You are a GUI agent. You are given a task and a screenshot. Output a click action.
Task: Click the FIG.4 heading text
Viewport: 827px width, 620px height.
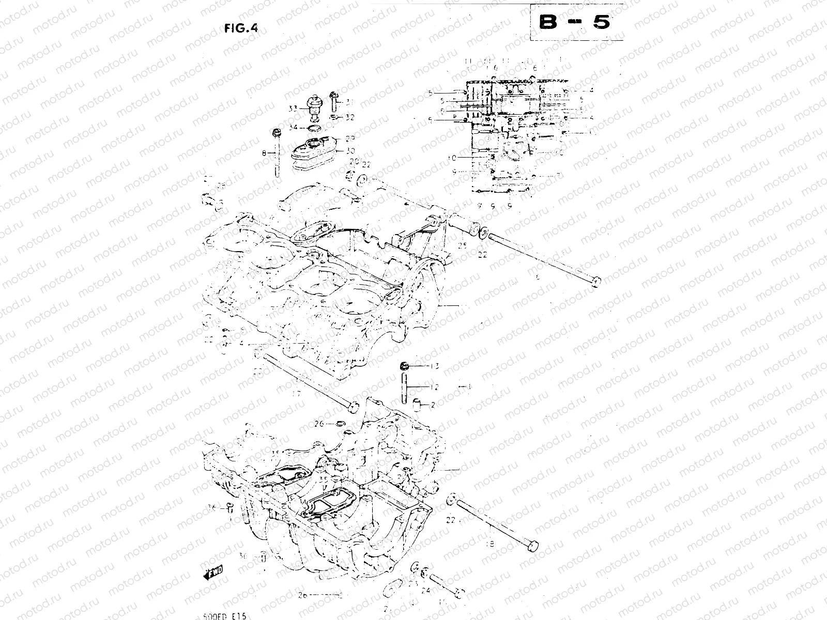(241, 29)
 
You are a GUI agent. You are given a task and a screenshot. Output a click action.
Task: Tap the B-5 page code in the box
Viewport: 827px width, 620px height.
(575, 23)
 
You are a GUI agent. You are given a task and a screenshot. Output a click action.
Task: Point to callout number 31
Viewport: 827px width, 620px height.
(350, 102)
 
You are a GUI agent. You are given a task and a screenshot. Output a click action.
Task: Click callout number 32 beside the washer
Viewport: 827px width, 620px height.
(350, 117)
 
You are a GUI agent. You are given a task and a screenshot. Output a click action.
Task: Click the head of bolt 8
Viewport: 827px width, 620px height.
(277, 132)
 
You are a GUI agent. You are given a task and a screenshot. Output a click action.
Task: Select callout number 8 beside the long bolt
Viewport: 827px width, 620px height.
(264, 153)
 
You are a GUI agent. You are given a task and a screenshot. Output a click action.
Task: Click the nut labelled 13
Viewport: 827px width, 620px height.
(405, 367)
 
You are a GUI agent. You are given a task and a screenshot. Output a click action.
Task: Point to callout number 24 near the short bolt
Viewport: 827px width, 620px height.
(426, 590)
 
